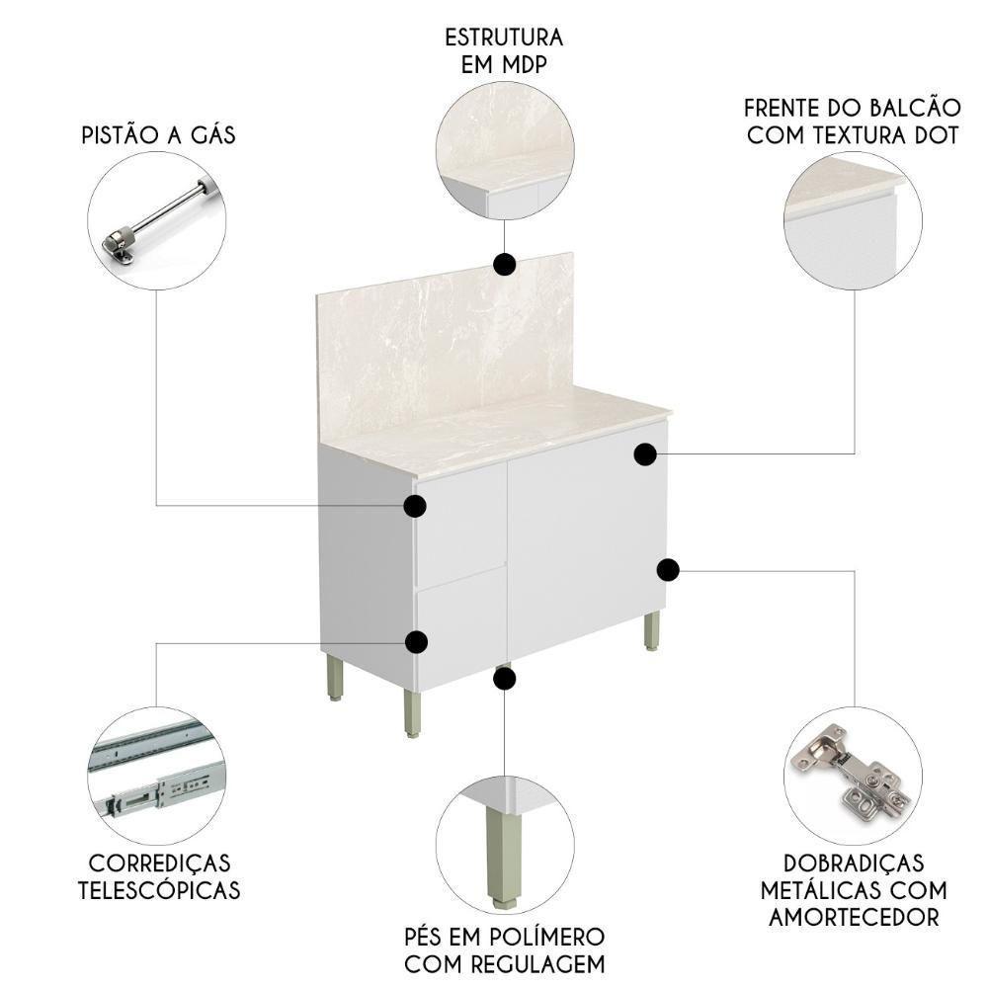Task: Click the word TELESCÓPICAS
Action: click(159, 889)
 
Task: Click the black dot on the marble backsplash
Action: click(505, 264)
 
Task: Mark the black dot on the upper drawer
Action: click(415, 506)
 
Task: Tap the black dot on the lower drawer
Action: click(417, 642)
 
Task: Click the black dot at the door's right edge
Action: click(668, 569)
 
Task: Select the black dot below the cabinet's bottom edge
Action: click(505, 678)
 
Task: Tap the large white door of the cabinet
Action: click(583, 543)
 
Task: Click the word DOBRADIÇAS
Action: click(843, 864)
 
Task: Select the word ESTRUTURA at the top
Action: click(504, 38)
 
